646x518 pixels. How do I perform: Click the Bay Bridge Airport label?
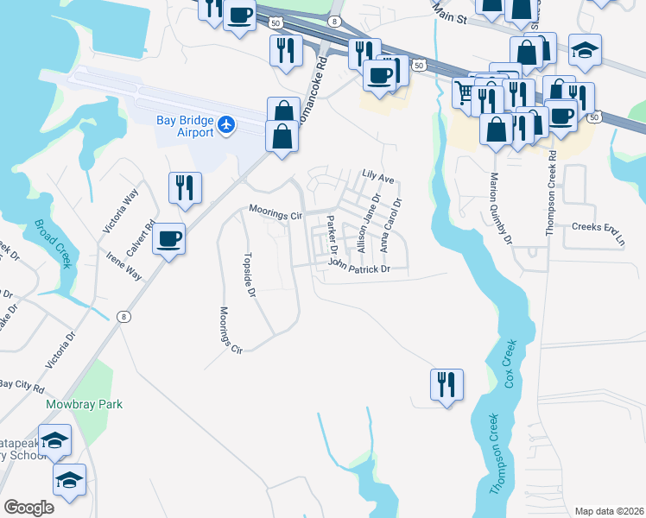coord(184,126)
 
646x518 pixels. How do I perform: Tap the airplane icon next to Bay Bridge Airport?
coord(226,125)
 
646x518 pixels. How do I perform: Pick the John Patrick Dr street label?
coord(359,269)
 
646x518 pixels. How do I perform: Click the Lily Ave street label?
coord(377,180)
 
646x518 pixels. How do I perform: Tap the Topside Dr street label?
coord(250,275)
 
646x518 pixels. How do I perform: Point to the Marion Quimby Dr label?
coord(501,208)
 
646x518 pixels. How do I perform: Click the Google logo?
coord(28,508)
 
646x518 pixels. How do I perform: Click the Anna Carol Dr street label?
coord(390,225)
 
